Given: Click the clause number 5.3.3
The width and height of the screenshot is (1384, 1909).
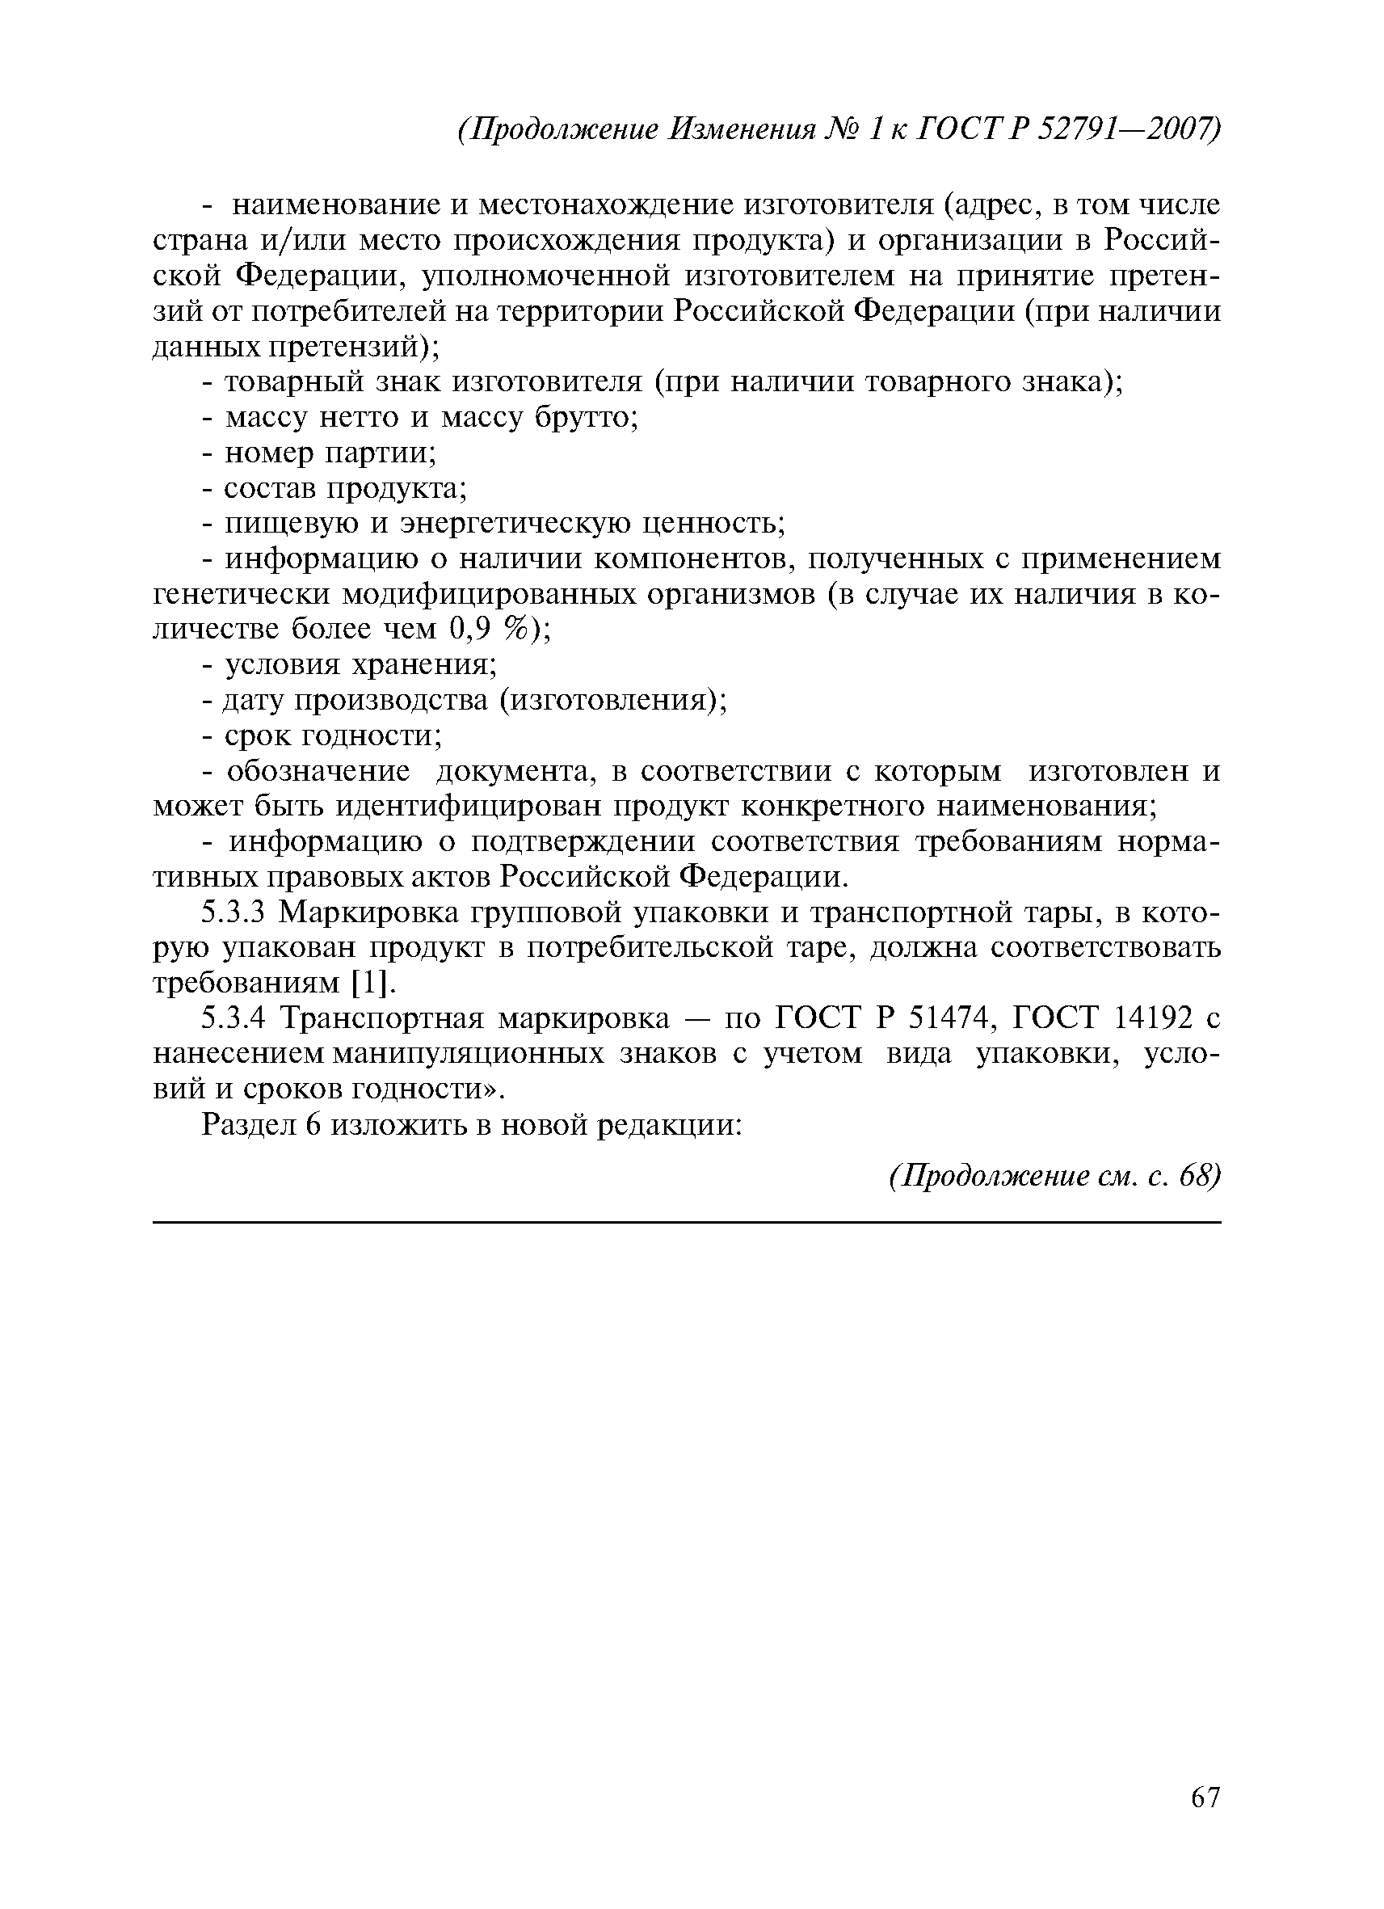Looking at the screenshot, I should click(x=233, y=912).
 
